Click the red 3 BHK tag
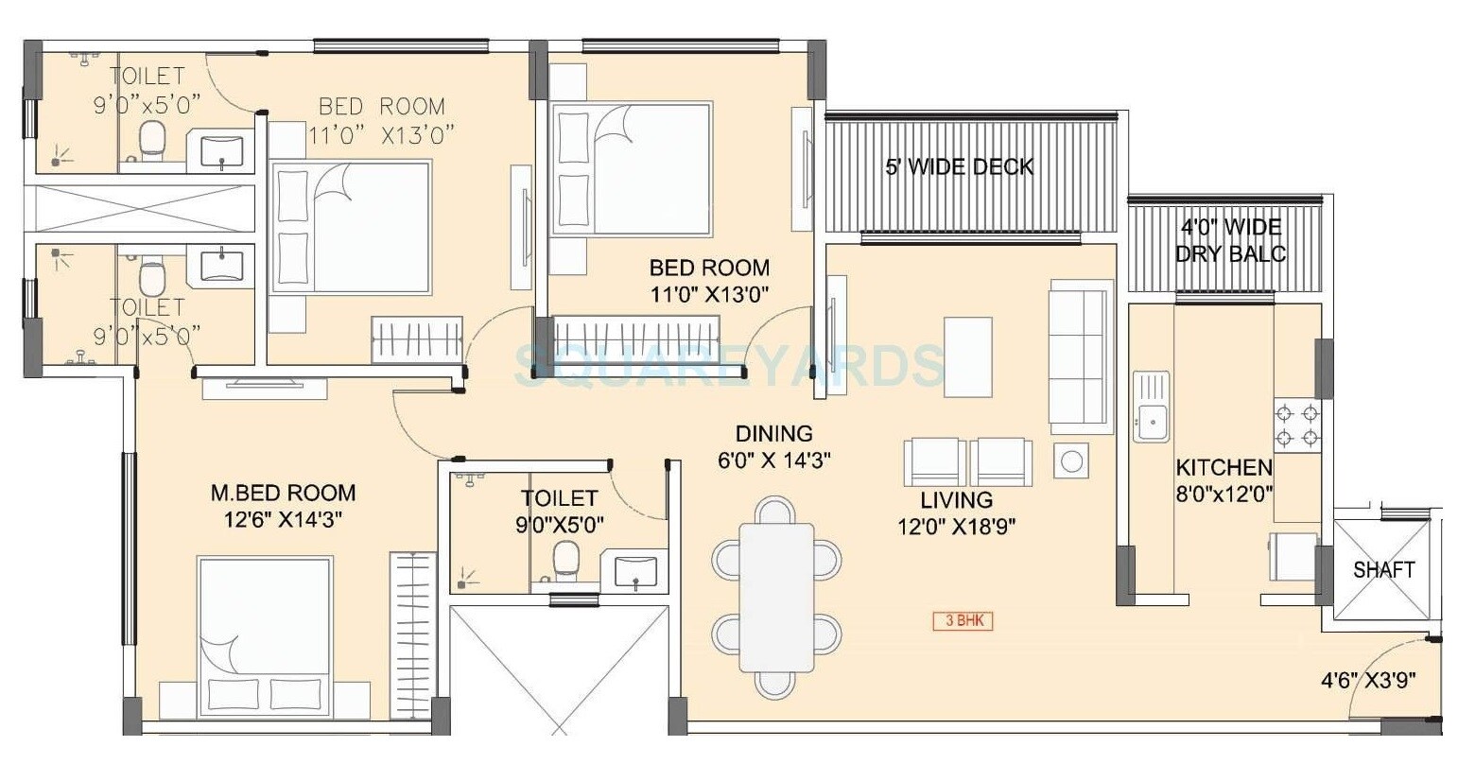(963, 621)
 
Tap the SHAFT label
(1383, 569)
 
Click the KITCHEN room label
(1224, 468)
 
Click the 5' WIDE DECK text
(959, 167)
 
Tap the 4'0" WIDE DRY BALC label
(1230, 240)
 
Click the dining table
(776, 596)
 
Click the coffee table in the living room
(967, 358)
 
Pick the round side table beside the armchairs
(1071, 460)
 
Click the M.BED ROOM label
(283, 493)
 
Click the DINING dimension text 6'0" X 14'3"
(773, 460)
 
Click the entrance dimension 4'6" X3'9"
(1366, 680)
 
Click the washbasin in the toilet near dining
(634, 572)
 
